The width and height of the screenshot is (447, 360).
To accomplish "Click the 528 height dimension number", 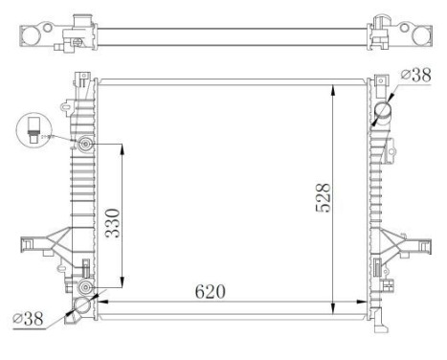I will (x=323, y=198).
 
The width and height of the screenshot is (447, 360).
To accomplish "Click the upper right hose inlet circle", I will (x=385, y=112).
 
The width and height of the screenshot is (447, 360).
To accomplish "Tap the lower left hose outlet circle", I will (x=81, y=306).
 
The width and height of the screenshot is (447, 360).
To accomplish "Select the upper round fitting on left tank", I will (x=86, y=145).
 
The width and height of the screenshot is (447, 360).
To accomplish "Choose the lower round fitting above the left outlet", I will (x=86, y=286).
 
